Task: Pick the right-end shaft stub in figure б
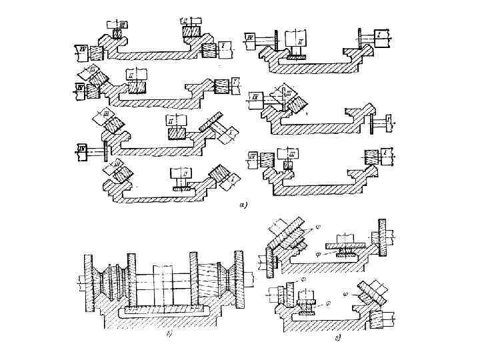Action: click(x=253, y=281)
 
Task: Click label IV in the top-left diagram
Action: click(x=81, y=48)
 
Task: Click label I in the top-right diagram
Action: click(x=377, y=33)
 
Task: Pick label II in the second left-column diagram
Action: click(x=133, y=75)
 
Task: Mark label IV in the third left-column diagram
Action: click(x=82, y=148)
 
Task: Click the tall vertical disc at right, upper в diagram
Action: click(x=382, y=237)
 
